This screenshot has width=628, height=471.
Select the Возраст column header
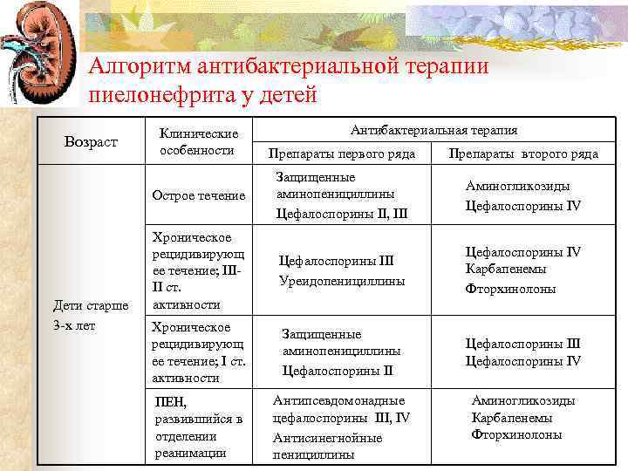tap(90, 140)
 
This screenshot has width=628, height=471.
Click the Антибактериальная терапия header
tap(433, 130)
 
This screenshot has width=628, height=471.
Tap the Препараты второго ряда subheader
tap(522, 154)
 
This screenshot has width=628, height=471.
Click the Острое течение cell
tap(199, 195)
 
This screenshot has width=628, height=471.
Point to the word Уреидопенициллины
tap(342, 281)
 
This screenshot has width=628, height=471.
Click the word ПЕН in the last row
tap(166, 402)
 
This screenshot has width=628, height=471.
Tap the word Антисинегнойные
tap(327, 438)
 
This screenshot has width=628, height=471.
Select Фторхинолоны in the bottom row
tap(516, 434)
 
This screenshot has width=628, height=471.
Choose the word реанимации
tap(190, 452)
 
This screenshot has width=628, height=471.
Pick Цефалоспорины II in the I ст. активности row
tap(337, 371)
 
